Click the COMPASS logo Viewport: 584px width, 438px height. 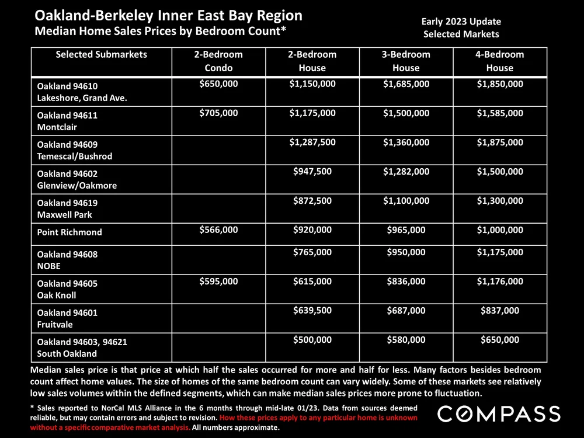click(x=500, y=414)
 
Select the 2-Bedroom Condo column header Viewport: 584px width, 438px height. click(x=218, y=61)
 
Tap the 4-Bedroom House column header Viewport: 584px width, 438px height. click(x=499, y=61)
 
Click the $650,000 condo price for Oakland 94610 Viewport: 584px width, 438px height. click(x=218, y=84)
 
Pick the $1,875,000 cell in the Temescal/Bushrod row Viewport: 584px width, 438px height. click(x=499, y=142)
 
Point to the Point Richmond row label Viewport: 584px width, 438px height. click(x=69, y=232)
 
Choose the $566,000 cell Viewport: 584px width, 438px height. click(x=218, y=230)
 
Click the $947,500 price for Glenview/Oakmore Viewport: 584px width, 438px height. click(x=312, y=172)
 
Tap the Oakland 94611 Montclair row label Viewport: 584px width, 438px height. click(x=59, y=121)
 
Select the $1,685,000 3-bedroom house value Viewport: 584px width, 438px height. click(x=406, y=84)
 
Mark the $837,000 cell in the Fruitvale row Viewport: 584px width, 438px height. click(x=499, y=311)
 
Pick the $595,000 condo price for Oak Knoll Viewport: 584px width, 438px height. click(x=218, y=281)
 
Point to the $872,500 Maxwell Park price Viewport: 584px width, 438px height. click(x=312, y=201)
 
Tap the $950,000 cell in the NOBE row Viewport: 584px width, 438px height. click(x=406, y=252)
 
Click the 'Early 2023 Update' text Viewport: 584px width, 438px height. click(x=461, y=22)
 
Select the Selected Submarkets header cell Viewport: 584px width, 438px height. click(x=101, y=55)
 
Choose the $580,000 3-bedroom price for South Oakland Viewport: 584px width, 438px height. click(x=406, y=340)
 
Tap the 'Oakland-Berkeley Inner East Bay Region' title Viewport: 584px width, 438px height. click(x=169, y=15)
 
